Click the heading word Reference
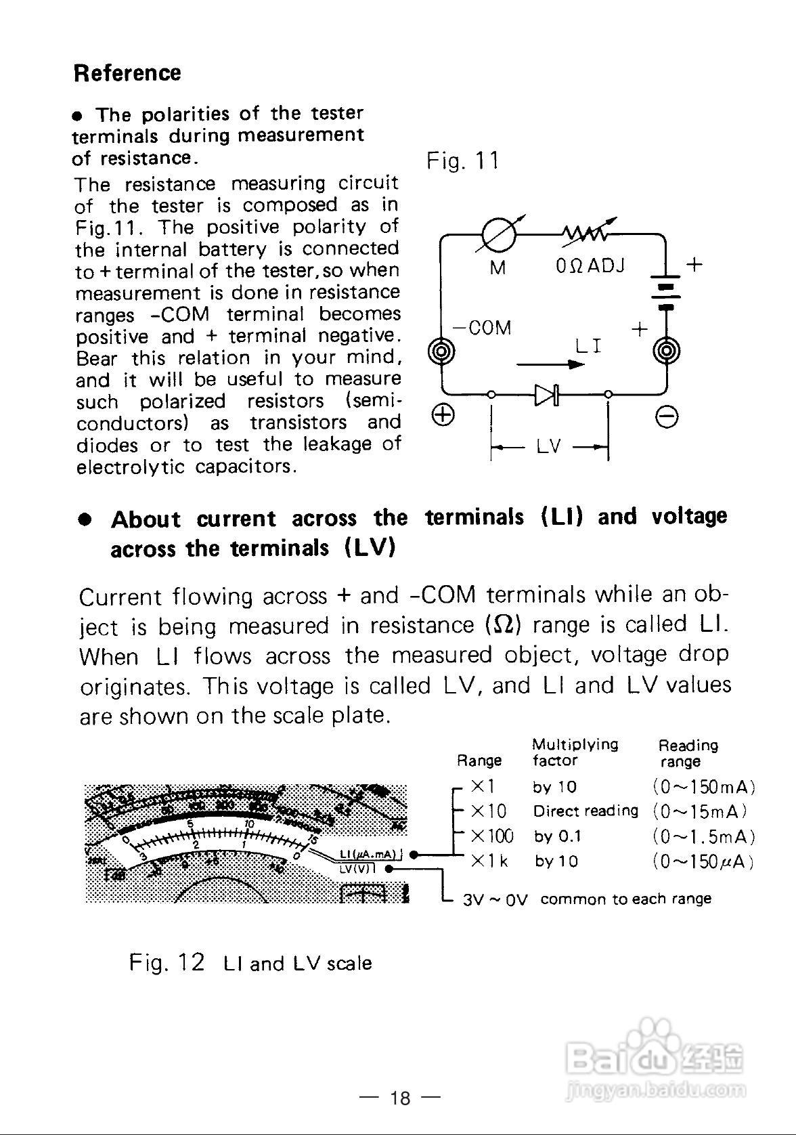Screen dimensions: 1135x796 click(127, 73)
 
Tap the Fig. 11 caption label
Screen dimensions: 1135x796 click(462, 161)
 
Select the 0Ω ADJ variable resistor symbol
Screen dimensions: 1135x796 click(585, 234)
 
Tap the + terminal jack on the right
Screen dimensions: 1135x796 click(666, 351)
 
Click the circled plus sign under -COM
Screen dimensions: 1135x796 click(443, 414)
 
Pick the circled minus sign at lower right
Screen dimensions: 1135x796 click(667, 418)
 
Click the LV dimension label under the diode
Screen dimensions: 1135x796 click(549, 447)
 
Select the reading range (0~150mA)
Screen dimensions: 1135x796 click(703, 787)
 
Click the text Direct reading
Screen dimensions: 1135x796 click(585, 811)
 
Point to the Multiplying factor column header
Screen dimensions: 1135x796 click(575, 752)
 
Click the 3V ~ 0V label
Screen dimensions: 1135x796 click(495, 900)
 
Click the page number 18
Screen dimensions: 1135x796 click(400, 1098)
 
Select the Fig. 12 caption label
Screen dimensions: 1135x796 click(167, 962)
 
